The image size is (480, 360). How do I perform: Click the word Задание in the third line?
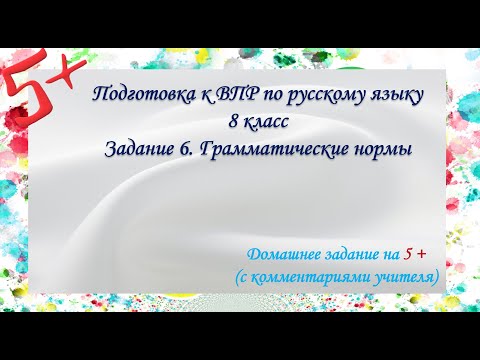point(139,149)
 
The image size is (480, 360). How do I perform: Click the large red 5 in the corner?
point(23,91)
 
